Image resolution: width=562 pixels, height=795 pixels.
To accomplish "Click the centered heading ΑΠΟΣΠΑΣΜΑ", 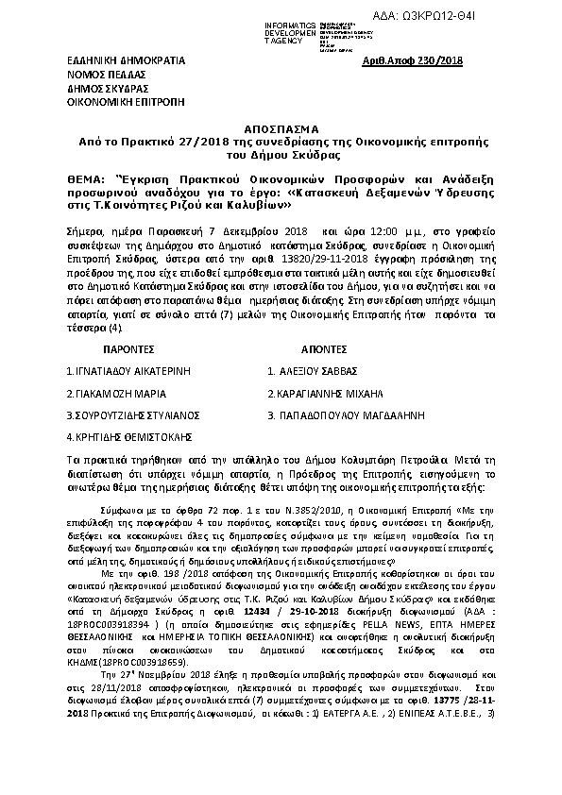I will click(281, 127).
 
